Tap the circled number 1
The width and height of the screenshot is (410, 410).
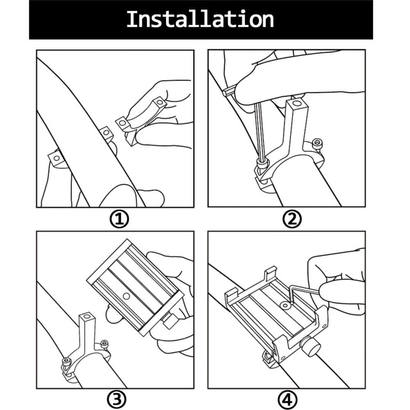119,219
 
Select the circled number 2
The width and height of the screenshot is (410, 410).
292,219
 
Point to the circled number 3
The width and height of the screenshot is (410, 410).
116,399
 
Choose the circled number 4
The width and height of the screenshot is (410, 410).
288,399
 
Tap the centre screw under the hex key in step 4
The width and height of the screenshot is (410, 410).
285,305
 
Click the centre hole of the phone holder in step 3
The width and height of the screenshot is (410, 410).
126,296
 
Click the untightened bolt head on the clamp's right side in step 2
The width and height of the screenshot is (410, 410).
317,143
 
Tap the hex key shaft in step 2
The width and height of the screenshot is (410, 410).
258,131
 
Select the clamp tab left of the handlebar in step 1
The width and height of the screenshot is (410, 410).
56,158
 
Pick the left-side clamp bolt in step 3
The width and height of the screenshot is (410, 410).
66,361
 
